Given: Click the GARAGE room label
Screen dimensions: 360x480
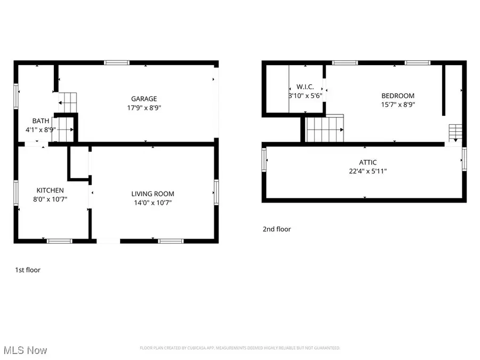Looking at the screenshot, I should (x=144, y=99).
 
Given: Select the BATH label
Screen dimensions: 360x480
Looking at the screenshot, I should (x=41, y=121).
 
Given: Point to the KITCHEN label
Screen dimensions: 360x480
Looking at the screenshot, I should (x=50, y=190).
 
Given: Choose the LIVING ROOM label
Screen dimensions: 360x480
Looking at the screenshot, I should (x=153, y=194).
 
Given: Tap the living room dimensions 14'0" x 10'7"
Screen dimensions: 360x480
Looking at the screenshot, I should (x=153, y=203).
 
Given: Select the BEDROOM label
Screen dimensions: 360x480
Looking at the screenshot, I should (x=397, y=96).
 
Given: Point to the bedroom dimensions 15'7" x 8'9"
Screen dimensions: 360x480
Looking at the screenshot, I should (x=398, y=105).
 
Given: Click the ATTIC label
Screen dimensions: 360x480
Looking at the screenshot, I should (x=368, y=163).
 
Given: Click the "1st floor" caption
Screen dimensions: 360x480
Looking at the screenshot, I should (x=28, y=270).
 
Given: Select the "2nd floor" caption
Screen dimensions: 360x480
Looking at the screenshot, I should (x=277, y=229).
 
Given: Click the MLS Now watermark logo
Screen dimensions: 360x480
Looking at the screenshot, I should (x=25, y=350).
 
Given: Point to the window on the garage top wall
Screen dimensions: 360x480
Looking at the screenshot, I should (x=117, y=63).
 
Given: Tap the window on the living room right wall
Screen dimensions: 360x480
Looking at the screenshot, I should (x=216, y=191).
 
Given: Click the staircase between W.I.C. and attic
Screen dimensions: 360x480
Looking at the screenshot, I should (x=324, y=130).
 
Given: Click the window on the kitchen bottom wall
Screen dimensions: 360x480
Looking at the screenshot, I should (x=60, y=241).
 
